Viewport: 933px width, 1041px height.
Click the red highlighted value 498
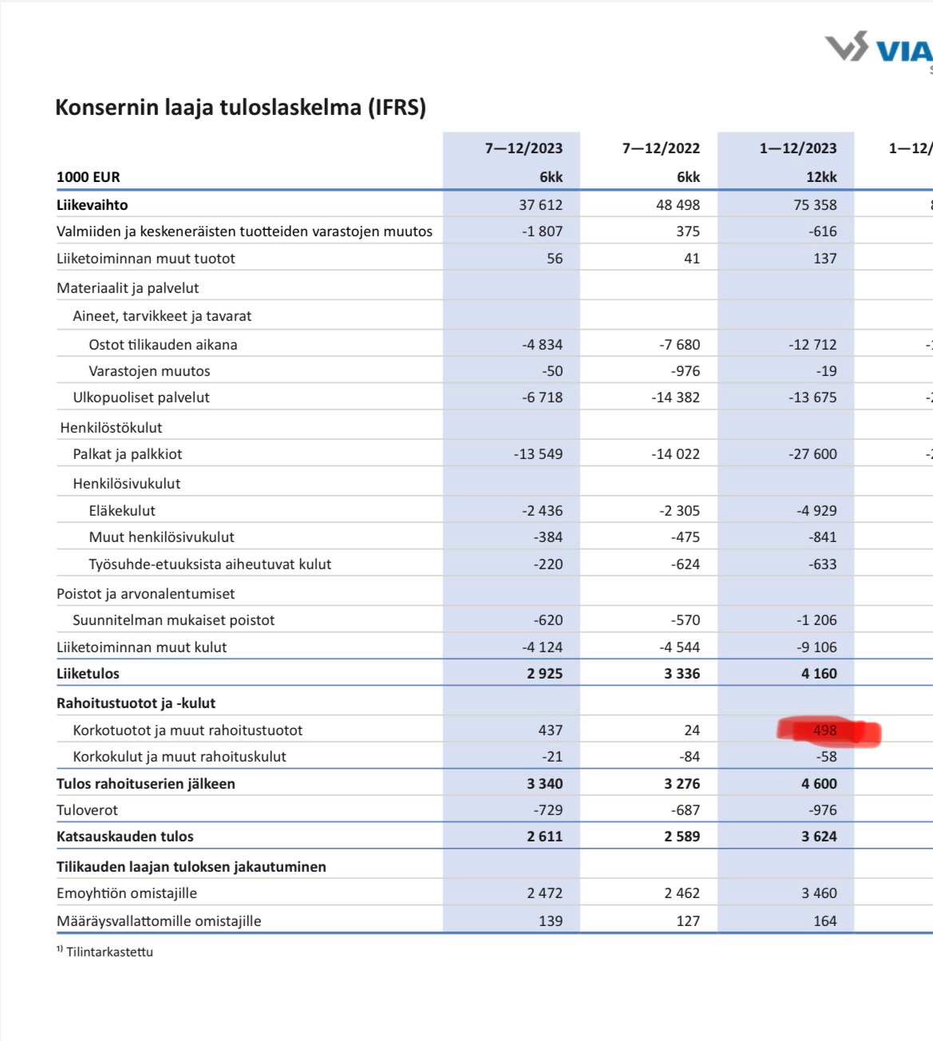[x=824, y=730]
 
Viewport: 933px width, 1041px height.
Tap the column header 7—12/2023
[x=524, y=148]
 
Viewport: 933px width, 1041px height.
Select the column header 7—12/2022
[x=661, y=148]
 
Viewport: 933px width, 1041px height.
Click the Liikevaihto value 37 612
[x=540, y=205]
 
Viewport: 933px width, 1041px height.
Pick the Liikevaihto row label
[x=92, y=205]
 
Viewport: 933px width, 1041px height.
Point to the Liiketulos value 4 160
[x=819, y=674]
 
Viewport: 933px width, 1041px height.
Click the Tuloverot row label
[x=87, y=810]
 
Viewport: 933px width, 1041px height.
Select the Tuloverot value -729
[x=548, y=810]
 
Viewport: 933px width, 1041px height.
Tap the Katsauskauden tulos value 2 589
[x=682, y=837]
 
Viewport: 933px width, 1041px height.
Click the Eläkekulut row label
[x=122, y=511]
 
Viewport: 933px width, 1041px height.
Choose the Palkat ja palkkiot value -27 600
[x=812, y=454]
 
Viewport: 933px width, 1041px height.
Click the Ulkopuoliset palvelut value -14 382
[x=675, y=398]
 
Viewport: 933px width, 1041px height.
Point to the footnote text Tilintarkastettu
[x=109, y=952]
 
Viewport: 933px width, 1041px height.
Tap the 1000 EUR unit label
[x=89, y=177]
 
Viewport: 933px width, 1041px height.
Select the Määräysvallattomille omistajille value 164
[x=824, y=921]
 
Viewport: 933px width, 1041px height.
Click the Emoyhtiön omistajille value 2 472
[x=544, y=893]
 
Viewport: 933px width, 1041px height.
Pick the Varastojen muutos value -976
[x=685, y=371]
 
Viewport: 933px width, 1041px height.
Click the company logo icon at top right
[x=847, y=47]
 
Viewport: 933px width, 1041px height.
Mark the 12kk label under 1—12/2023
[x=820, y=177]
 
